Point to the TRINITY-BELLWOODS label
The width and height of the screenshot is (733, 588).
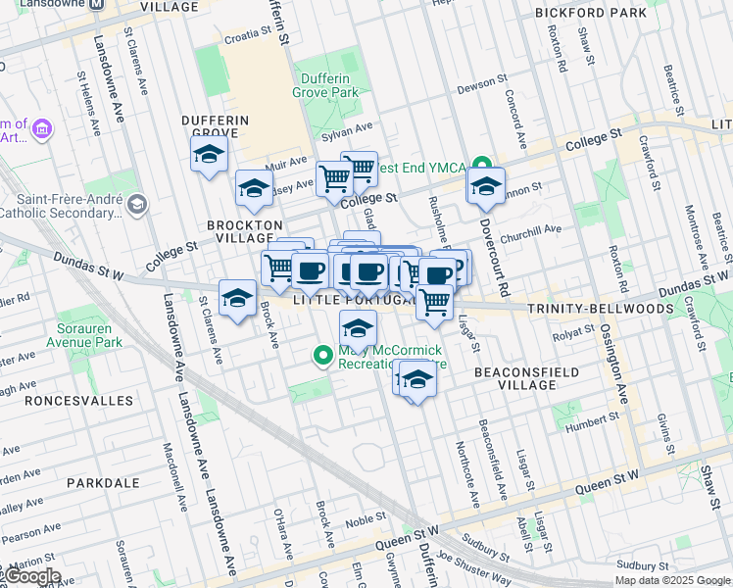click(x=600, y=309)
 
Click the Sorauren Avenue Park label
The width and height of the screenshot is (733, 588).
click(x=83, y=335)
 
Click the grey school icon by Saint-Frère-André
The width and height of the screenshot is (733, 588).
click(x=136, y=204)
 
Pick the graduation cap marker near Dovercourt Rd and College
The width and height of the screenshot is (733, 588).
click(x=485, y=187)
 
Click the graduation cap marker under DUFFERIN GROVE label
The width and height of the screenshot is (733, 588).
click(x=209, y=155)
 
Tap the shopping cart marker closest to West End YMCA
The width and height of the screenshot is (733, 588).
click(x=359, y=169)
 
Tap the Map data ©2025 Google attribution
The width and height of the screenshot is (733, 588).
click(x=671, y=580)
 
